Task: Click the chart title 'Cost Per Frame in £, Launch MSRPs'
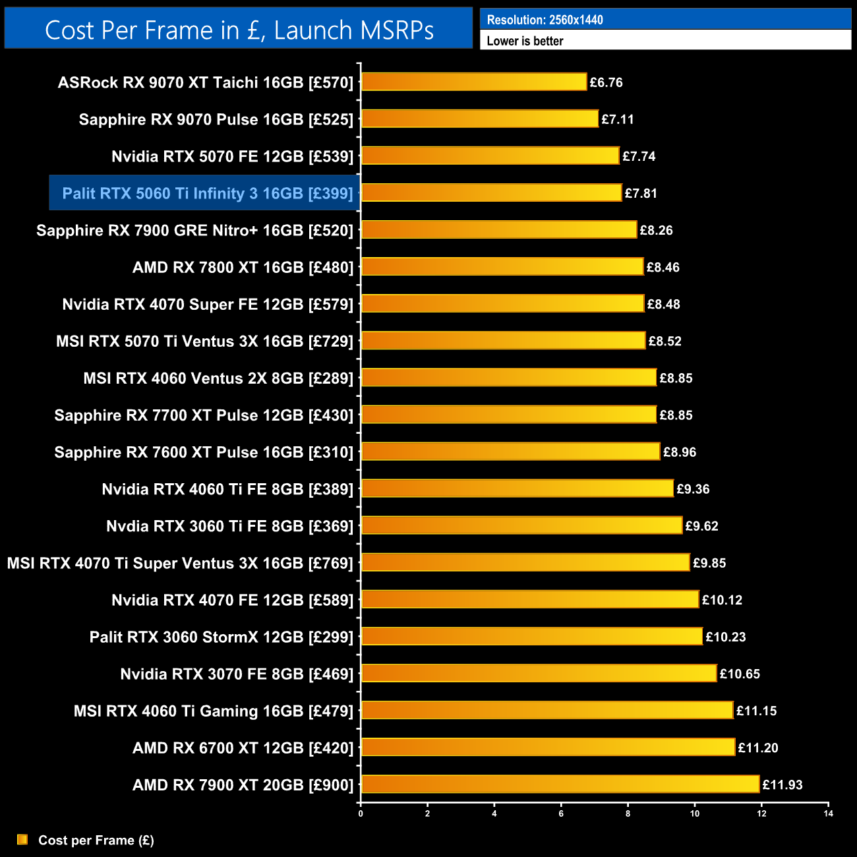click(239, 30)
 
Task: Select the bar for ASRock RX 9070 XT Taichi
click(473, 82)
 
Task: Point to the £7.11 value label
click(617, 119)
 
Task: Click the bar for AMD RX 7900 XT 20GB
click(560, 784)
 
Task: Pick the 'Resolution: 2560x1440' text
click(545, 20)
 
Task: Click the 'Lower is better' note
click(525, 41)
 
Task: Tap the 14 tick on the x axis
click(828, 813)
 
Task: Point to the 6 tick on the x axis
click(561, 813)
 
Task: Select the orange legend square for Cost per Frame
click(22, 839)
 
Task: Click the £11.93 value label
click(783, 784)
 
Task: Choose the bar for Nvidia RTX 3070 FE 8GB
click(539, 673)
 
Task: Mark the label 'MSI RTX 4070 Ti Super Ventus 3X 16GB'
click(180, 563)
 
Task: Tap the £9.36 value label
click(693, 489)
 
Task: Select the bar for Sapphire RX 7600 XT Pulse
click(510, 452)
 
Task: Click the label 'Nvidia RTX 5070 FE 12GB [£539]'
click(232, 156)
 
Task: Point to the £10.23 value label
click(725, 637)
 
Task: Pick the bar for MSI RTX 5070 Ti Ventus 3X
click(503, 341)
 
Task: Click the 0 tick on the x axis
click(361, 813)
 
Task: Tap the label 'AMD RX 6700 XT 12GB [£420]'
click(243, 748)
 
